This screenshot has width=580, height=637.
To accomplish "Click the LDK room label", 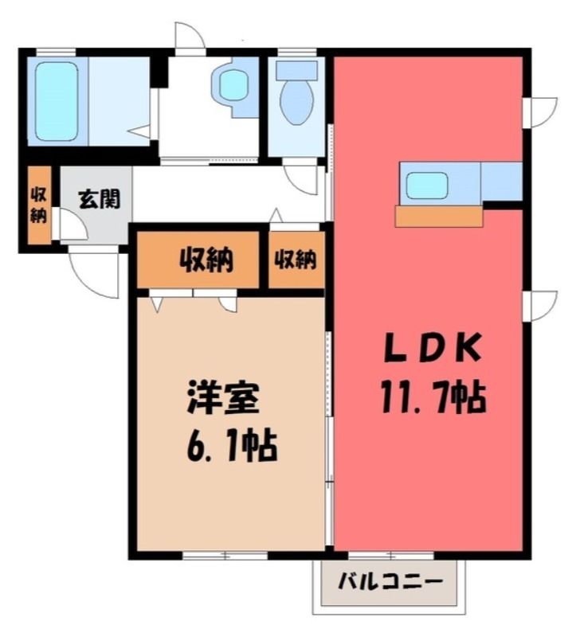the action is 433,349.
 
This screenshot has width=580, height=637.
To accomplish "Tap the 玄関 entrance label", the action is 100,199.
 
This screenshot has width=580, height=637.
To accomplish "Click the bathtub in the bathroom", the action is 57,101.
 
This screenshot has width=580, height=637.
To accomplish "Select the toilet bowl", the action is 297,102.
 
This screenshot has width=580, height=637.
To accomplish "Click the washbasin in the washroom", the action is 233,88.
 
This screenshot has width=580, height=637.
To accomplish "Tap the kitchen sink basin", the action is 427,186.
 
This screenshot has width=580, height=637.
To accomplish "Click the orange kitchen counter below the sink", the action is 439,217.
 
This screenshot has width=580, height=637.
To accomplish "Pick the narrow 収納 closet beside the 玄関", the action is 39,205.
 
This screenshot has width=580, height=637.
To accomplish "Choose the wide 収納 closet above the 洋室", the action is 198,260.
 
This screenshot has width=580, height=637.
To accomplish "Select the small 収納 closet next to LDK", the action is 296,260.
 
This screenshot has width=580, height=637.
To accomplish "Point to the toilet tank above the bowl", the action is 296,70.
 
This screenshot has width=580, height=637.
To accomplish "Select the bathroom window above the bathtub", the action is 56,52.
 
